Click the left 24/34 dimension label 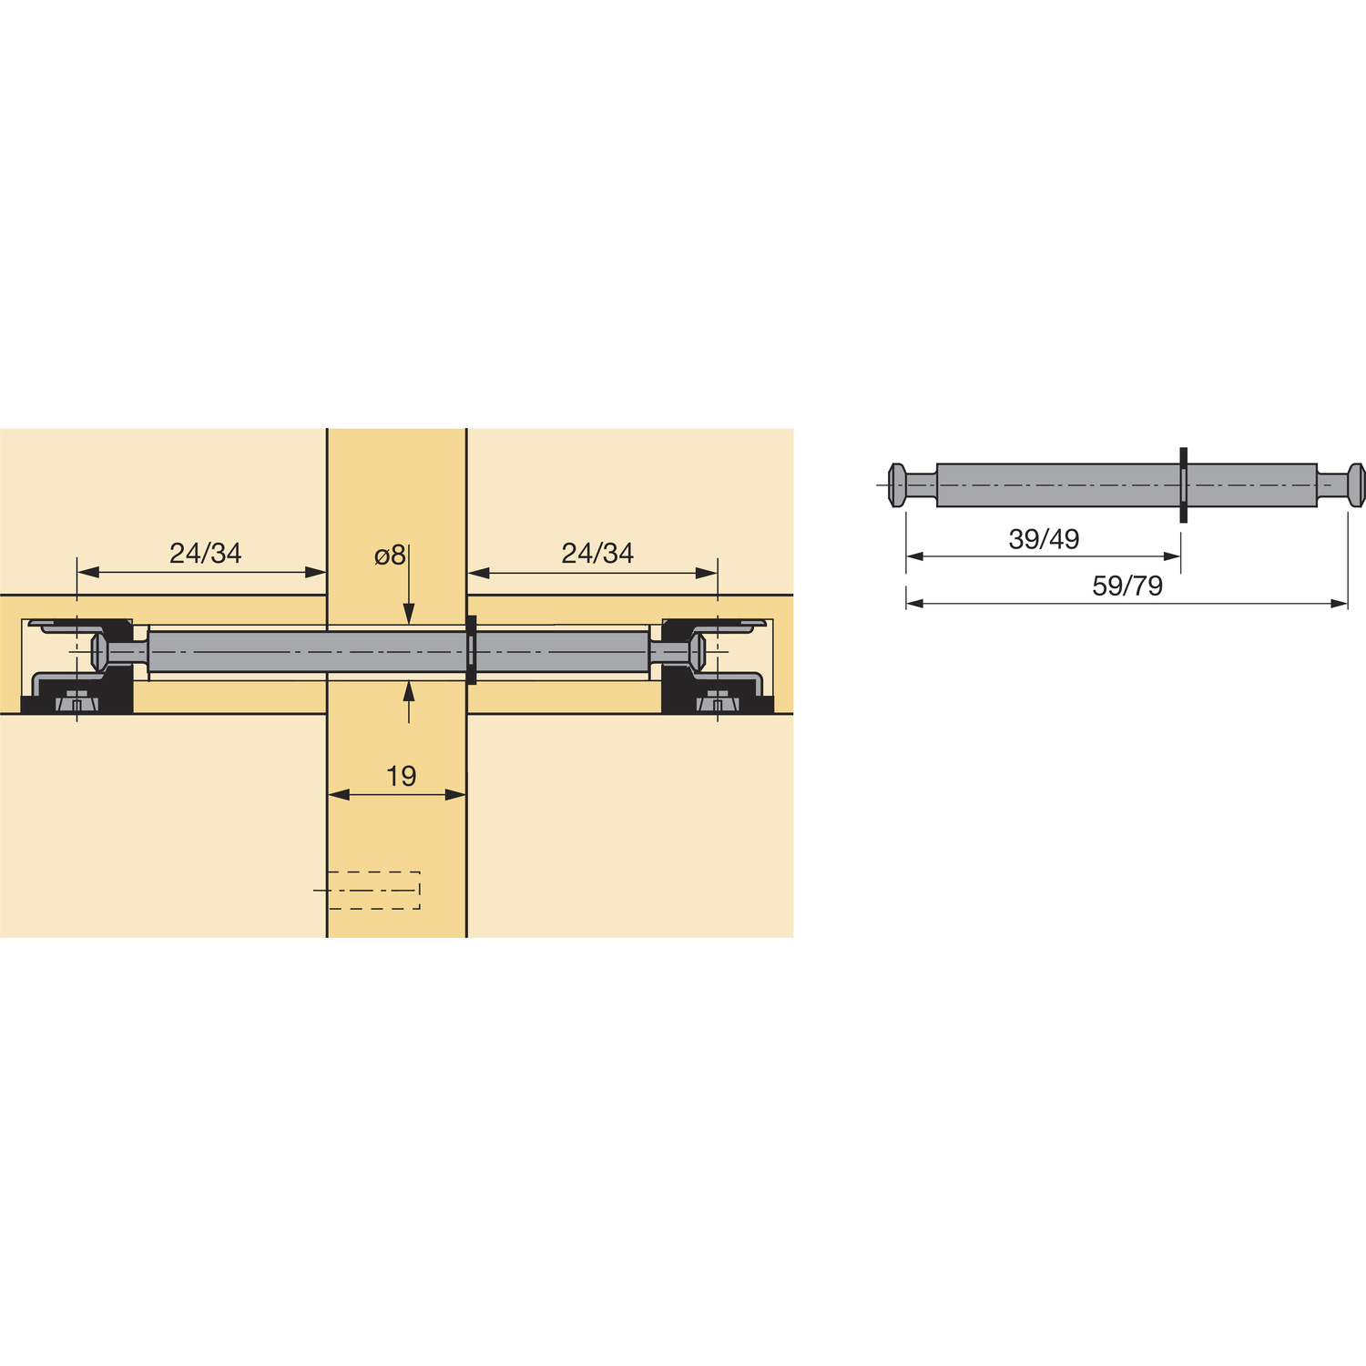point(205,553)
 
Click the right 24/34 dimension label point(597,553)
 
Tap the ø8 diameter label point(390,555)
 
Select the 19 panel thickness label point(401,776)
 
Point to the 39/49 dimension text point(1044,539)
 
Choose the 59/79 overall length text point(1127,586)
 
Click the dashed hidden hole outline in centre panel point(374,890)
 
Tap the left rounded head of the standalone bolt point(897,485)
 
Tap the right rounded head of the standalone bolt point(1356,485)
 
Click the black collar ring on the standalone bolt point(1183,485)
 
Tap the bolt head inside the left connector point(99,652)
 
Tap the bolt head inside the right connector point(698,652)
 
